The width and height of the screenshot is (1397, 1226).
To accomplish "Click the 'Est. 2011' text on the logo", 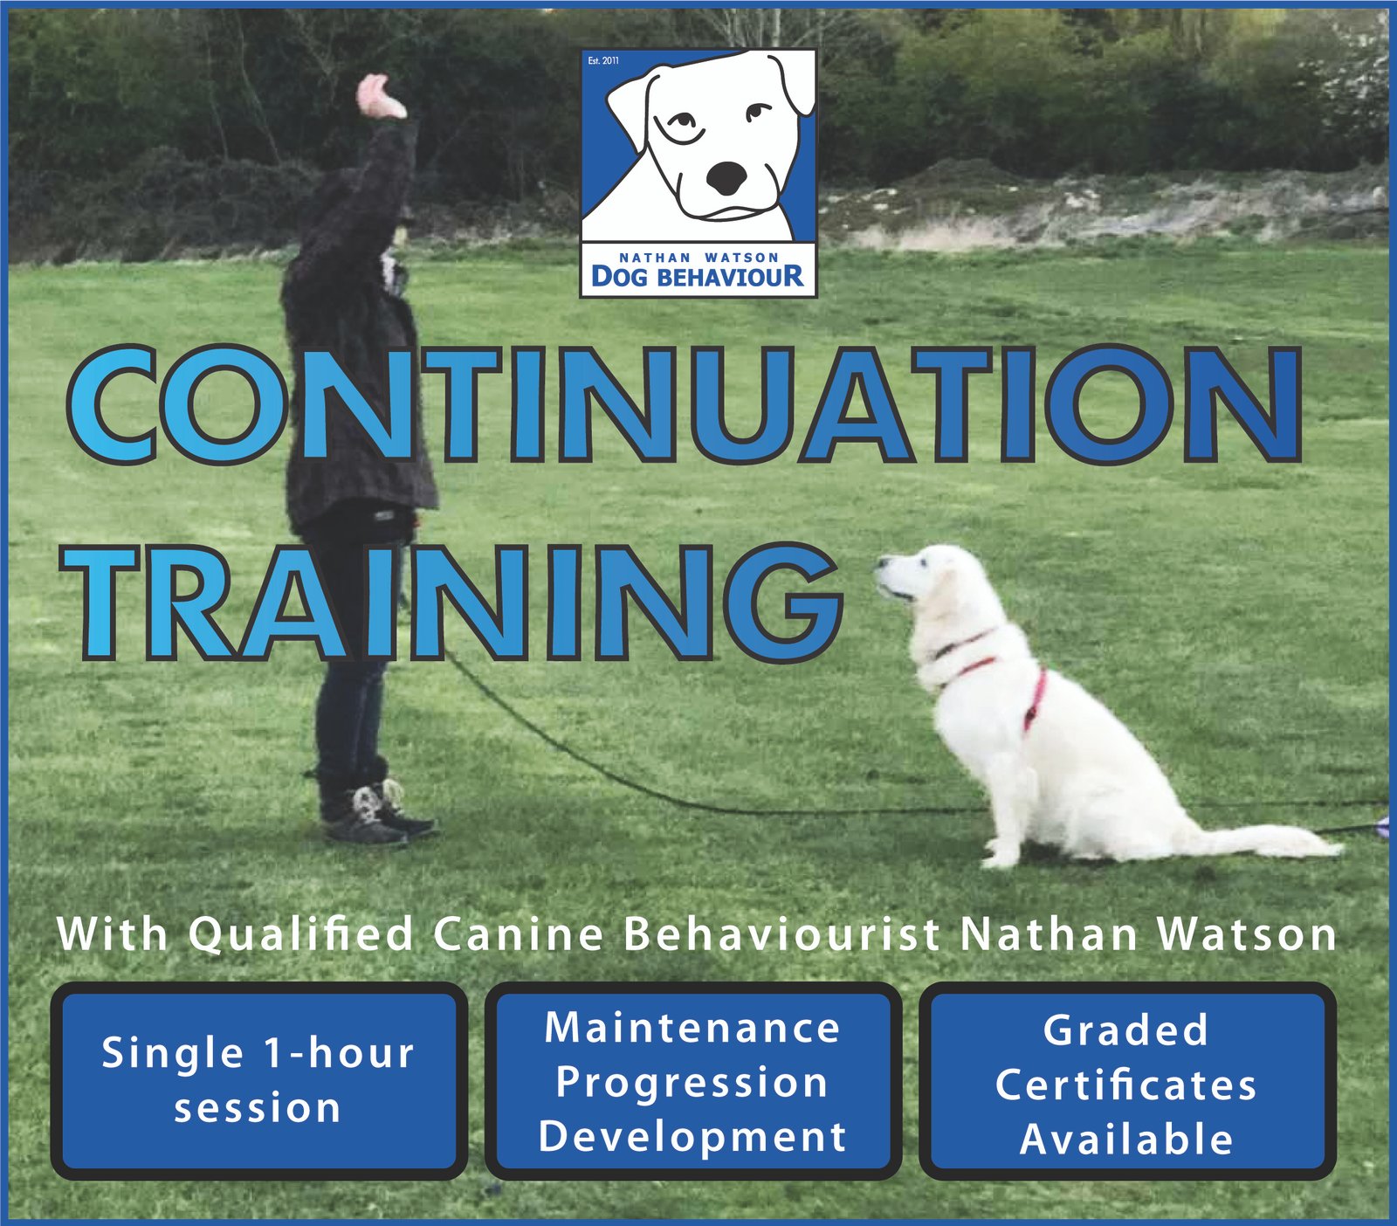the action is point(603,60).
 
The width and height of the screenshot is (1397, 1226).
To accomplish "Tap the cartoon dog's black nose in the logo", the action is point(727,178).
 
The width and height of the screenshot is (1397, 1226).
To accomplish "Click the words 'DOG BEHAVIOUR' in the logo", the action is point(698,277).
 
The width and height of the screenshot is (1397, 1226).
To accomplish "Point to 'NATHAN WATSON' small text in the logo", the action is point(698,258).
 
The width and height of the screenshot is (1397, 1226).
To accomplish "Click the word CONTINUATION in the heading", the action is point(686,404).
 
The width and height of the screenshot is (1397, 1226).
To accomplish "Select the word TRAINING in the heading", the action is point(452,603).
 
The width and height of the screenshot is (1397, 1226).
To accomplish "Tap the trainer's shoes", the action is point(375,814).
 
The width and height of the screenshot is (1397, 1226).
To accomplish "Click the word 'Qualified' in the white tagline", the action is point(301,935).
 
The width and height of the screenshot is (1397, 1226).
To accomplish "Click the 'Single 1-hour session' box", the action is point(258,1081).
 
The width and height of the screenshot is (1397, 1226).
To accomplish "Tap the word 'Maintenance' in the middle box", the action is point(692,1028).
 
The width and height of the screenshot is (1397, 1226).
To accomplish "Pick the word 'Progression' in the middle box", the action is point(692,1084).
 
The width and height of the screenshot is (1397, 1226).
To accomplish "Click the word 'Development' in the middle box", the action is point(692,1137).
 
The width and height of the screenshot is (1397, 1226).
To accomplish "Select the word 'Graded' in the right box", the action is point(1126,1030).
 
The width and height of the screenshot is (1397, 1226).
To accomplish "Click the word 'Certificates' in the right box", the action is point(1126,1085).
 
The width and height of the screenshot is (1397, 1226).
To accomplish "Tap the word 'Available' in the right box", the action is point(1126,1140).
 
